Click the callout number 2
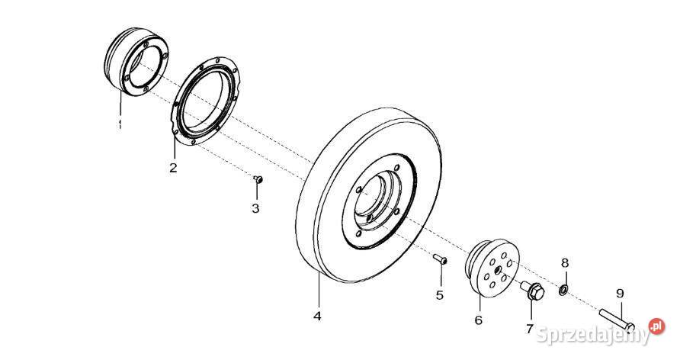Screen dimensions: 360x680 click(x=173, y=168)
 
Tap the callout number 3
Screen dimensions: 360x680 click(x=256, y=208)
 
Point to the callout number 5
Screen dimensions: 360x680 click(x=439, y=295)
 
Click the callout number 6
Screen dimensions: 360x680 click(x=479, y=320)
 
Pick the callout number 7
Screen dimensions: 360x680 click(x=529, y=329)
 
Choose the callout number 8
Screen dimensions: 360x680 click(x=565, y=263)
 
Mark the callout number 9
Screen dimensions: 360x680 click(x=620, y=293)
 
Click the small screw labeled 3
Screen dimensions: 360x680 click(x=258, y=179)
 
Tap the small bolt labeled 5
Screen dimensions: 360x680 click(x=440, y=260)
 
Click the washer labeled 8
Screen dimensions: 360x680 click(x=563, y=290)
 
